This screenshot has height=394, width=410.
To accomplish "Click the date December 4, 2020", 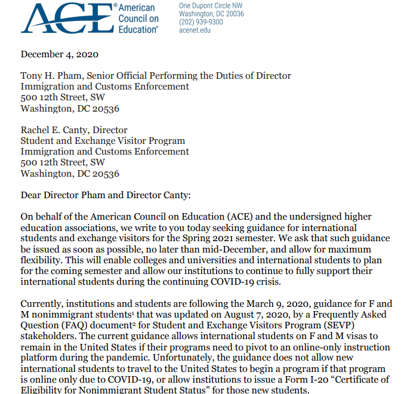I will coord(60,54).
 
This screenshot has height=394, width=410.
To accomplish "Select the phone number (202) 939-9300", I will coord(201,22).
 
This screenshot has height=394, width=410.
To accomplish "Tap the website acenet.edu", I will coord(195,30).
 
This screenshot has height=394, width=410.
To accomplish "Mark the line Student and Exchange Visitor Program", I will coord(103,141).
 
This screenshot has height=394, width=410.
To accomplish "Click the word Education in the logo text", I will coord(138,29).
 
